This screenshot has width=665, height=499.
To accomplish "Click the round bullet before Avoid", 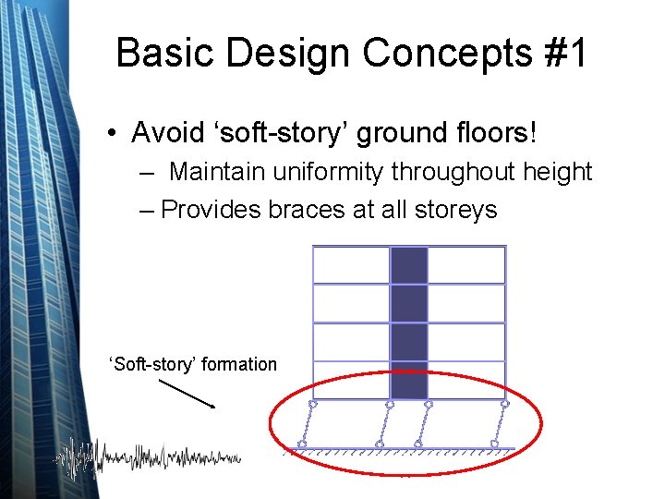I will click(110, 134).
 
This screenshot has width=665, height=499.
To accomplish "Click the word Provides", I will click(213, 210).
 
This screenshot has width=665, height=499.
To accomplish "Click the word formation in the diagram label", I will click(238, 364).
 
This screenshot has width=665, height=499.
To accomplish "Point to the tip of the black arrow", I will click(215, 407).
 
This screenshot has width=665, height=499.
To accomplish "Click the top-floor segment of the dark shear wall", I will click(408, 265).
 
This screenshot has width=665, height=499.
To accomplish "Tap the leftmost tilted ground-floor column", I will click(308, 425).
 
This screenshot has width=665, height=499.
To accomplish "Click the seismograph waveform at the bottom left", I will click(148, 457).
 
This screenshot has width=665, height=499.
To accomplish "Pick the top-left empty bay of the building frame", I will click(351, 265).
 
